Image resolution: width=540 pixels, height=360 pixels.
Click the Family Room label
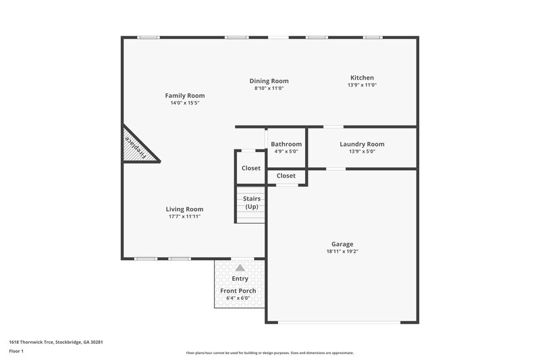pos(185,95)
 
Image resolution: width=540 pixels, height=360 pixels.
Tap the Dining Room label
pos(269,80)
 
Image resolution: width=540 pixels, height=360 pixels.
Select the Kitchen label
pos(361,78)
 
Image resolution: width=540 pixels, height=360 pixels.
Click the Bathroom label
pos(286,144)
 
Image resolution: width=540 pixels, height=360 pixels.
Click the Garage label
pos(342,244)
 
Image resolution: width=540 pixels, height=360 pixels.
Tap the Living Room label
pos(184,209)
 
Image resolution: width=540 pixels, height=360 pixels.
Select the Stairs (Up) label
pos(251,203)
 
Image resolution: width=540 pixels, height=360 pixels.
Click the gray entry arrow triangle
pos(240,268)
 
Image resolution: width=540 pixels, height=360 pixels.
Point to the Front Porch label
pos(238,290)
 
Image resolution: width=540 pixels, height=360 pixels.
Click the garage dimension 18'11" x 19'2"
pos(342,252)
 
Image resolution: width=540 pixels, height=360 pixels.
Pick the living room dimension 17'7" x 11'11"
pos(184,217)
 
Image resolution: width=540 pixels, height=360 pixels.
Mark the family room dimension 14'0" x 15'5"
pos(185,103)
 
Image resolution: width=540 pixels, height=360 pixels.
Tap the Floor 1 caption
pos(16,351)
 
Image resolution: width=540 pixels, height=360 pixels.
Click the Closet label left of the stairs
pos(250,168)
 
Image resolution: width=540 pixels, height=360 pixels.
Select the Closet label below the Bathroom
pos(286,176)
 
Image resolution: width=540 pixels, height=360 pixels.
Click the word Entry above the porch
pos(240,278)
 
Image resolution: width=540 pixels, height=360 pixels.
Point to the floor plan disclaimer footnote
pos(269,353)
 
